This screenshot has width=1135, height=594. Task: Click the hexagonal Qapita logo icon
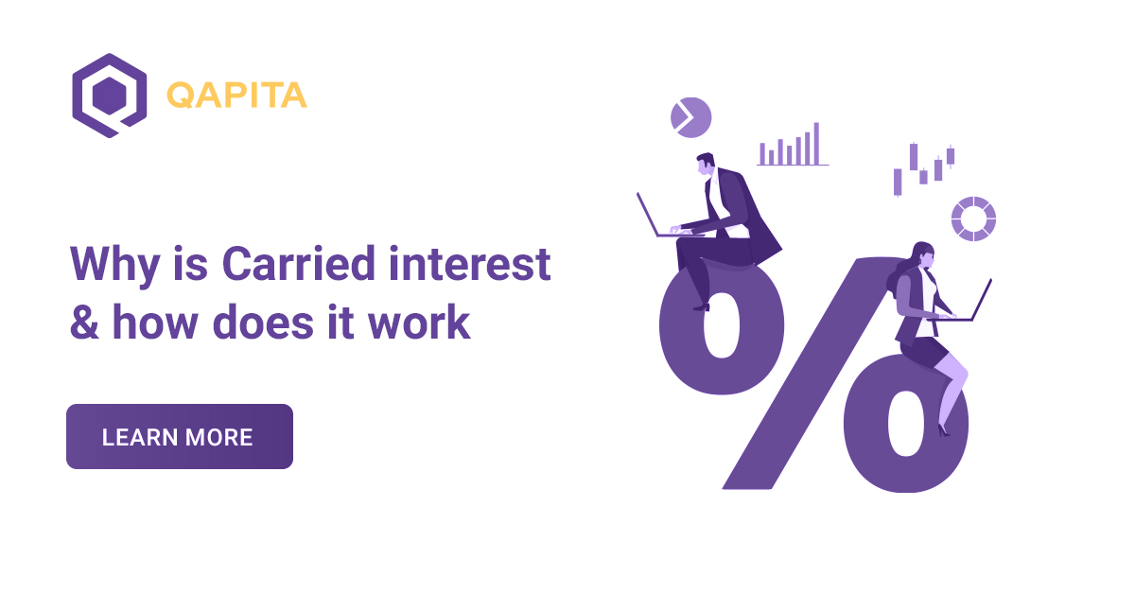pos(109,96)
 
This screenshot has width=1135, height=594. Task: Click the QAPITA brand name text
pos(236,96)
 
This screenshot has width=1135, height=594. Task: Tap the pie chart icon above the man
pos(690,117)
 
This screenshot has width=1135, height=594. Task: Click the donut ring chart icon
pos(973,218)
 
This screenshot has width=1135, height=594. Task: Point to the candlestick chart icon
pos(924,168)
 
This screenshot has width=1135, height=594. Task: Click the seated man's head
pos(707,166)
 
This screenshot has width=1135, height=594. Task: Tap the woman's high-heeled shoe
pos(943,429)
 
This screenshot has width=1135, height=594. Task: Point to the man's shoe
pos(701,306)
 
